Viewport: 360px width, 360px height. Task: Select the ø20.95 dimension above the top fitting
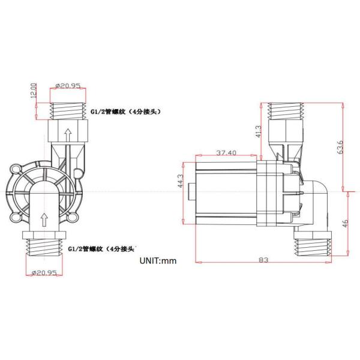[x=67, y=86]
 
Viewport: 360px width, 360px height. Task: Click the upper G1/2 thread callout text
[x=125, y=112]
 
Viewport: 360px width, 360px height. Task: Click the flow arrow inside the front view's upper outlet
[x=68, y=133]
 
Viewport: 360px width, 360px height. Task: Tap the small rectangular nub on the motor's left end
[x=191, y=191]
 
